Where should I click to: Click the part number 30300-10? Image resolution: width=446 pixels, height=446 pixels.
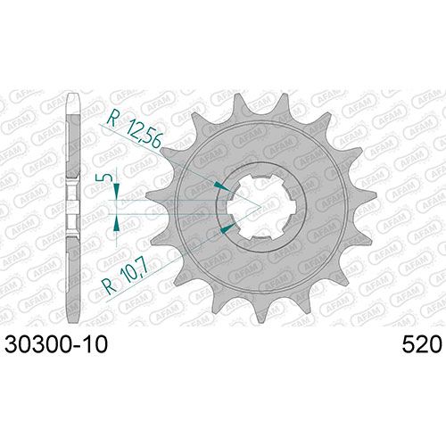[x=56, y=345]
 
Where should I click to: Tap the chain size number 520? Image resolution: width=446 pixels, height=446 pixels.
[x=422, y=345]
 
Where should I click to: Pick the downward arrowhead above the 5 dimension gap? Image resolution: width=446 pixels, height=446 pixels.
[x=117, y=192]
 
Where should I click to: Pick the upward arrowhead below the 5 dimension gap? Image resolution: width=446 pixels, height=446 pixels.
[x=117, y=222]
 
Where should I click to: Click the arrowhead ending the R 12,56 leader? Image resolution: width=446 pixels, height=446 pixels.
[x=221, y=186]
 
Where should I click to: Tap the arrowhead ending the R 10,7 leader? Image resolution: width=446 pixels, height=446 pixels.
[x=227, y=227]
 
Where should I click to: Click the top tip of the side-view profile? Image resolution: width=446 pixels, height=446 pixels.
[x=73, y=95]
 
